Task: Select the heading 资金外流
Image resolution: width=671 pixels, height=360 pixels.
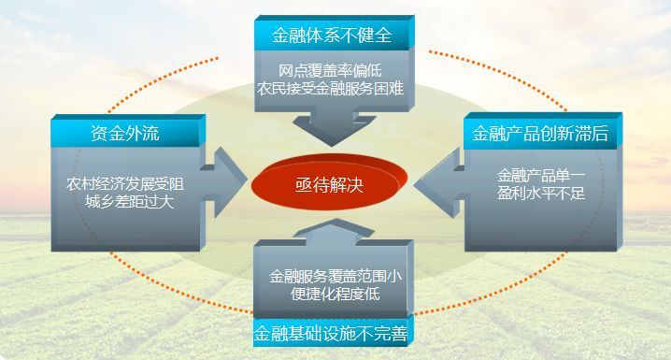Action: coord(125,133)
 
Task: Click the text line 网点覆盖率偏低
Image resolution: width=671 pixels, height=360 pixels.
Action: coord(331,72)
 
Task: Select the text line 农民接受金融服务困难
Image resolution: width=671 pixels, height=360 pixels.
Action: coord(331,90)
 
